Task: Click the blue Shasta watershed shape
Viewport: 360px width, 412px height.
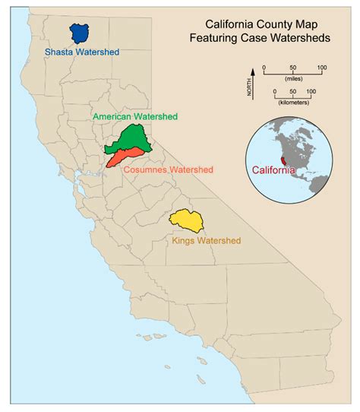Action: (x=79, y=33)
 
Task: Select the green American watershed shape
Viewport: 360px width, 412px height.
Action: (x=127, y=139)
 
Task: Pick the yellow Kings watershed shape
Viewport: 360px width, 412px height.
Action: (x=185, y=220)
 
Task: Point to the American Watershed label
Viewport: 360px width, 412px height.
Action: (x=134, y=117)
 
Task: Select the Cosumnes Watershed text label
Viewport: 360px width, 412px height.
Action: (x=169, y=169)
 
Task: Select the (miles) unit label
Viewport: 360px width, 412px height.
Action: (x=292, y=78)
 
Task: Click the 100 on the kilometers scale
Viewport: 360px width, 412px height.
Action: (x=313, y=90)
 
